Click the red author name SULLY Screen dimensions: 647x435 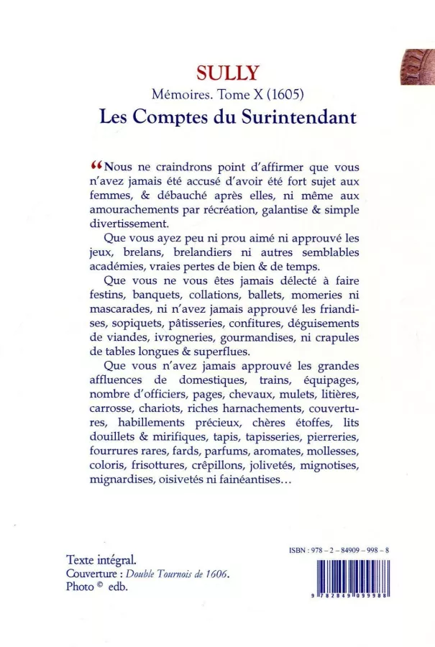coord(221,72)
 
